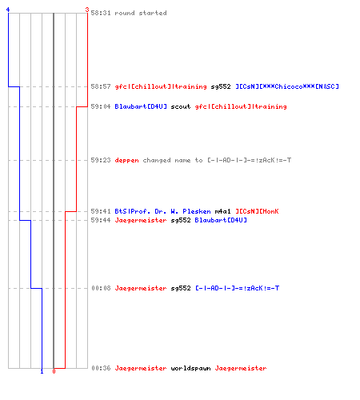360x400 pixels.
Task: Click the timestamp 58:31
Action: coord(101,13)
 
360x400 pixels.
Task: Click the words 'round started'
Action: coord(141,13)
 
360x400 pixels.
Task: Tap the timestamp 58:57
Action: coord(101,86)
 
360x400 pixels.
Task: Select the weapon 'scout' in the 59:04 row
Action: coord(181,106)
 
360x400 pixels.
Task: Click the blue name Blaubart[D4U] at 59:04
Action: coord(141,106)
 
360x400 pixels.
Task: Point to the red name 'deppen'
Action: coord(126,160)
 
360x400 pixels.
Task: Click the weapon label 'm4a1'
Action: coord(222,211)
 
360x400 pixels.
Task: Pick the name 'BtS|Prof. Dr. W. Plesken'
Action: coord(162,211)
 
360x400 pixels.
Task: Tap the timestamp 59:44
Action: coord(101,220)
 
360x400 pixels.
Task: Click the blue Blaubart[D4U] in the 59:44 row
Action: coord(221,220)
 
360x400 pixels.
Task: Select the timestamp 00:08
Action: coord(101,288)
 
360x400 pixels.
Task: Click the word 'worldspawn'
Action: coord(190,368)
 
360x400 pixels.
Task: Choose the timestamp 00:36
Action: coord(101,368)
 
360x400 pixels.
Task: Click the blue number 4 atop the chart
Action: coord(8,10)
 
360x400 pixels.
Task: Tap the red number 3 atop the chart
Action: coord(87,10)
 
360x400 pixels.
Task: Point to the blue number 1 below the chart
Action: coord(42,371)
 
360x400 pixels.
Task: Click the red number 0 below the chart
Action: coord(54,371)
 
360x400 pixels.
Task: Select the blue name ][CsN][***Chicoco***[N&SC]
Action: coord(287,86)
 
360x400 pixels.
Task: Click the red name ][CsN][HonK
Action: coord(257,211)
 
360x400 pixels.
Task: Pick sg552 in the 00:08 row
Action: coord(181,288)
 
